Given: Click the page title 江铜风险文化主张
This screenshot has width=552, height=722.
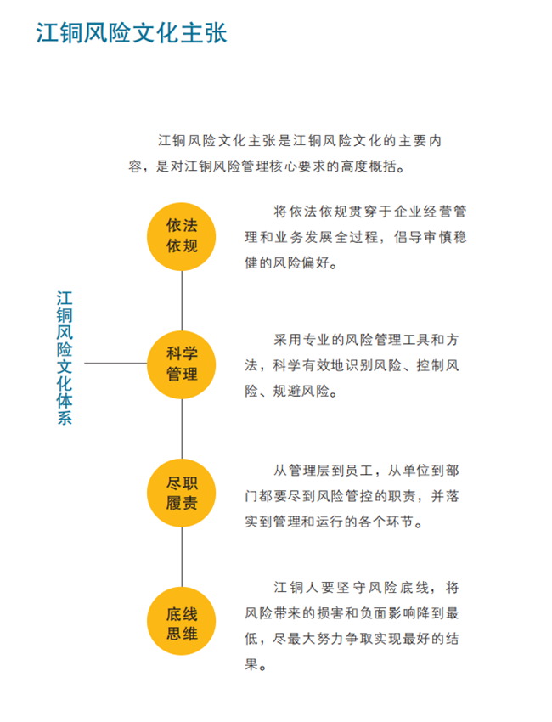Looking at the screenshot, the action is (x=132, y=32).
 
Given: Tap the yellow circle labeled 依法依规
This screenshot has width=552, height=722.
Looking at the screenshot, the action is (x=182, y=236).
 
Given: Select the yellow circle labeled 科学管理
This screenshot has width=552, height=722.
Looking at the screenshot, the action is (x=182, y=364).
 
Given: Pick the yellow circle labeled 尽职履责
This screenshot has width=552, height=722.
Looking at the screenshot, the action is (x=182, y=493).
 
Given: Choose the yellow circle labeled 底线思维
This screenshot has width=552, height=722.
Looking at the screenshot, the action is (x=182, y=621).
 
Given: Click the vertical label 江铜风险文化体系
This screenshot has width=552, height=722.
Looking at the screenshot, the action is (x=65, y=358).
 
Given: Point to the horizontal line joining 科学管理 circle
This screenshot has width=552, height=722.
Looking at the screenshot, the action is (x=115, y=364).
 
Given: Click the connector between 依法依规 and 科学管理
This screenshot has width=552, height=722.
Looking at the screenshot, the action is (x=182, y=301).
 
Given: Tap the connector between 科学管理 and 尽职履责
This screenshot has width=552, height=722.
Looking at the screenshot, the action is (x=182, y=429).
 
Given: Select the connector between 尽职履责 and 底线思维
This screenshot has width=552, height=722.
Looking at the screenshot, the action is (x=182, y=557).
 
